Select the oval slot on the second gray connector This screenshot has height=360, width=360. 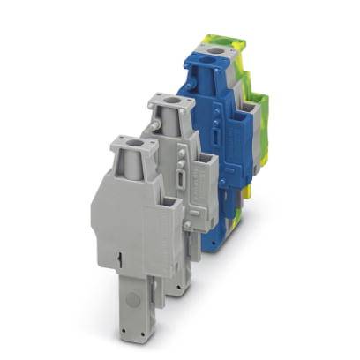pos(180,181)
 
